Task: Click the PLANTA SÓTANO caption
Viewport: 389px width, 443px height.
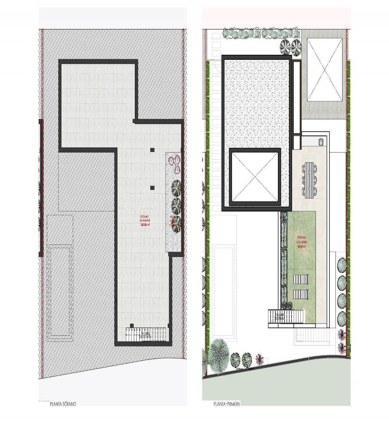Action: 63,404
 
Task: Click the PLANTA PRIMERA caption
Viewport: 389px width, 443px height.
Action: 227,404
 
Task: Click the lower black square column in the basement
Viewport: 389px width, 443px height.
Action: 152,188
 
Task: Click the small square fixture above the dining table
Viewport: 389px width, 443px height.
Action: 321,141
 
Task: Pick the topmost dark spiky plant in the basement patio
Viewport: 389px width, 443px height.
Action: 176,188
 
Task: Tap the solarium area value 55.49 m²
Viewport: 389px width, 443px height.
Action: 302,246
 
